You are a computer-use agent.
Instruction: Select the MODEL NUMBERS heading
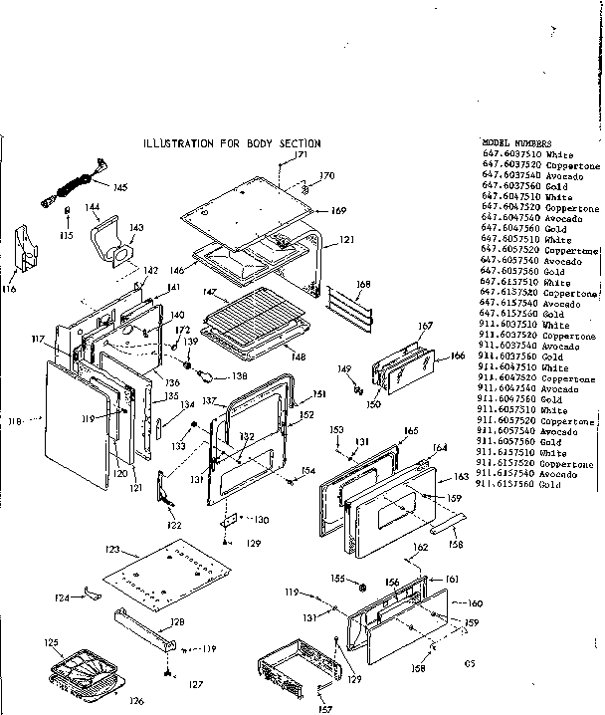click(x=516, y=143)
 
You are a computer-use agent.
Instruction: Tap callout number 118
click(x=14, y=422)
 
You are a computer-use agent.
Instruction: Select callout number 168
click(x=364, y=285)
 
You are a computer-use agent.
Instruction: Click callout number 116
click(x=10, y=290)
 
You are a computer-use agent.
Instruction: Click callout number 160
click(x=475, y=602)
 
